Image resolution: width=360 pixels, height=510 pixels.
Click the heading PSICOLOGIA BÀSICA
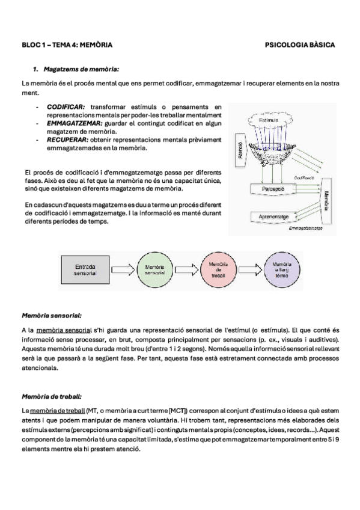tap(299, 45)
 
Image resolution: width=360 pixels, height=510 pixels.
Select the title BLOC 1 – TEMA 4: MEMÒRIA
tap(67, 45)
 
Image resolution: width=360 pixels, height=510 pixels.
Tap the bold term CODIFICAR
tap(66, 107)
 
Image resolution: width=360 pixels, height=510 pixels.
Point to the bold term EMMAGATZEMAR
tap(75, 124)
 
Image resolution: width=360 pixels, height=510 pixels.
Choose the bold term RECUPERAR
tap(67, 140)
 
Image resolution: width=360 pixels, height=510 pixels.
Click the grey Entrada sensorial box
tap(85, 269)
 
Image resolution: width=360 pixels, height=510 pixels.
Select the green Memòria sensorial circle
tap(154, 269)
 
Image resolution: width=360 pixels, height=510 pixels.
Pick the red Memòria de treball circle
tap(218, 269)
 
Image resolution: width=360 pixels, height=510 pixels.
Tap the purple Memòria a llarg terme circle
tap(282, 269)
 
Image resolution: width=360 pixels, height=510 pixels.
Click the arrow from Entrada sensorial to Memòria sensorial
tap(123, 269)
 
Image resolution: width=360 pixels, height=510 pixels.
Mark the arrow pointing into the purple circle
tap(250, 269)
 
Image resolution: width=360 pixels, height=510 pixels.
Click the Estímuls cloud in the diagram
tap(269, 120)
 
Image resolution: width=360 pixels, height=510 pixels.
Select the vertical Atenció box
tap(240, 150)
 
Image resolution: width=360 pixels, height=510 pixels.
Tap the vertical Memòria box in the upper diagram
tap(326, 201)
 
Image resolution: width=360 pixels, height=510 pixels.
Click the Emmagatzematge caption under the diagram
tap(305, 229)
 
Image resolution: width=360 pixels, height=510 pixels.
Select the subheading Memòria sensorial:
tap(52, 316)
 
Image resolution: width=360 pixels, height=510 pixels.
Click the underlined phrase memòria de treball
tap(58, 410)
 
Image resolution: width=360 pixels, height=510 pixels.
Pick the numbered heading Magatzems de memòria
tap(81, 69)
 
